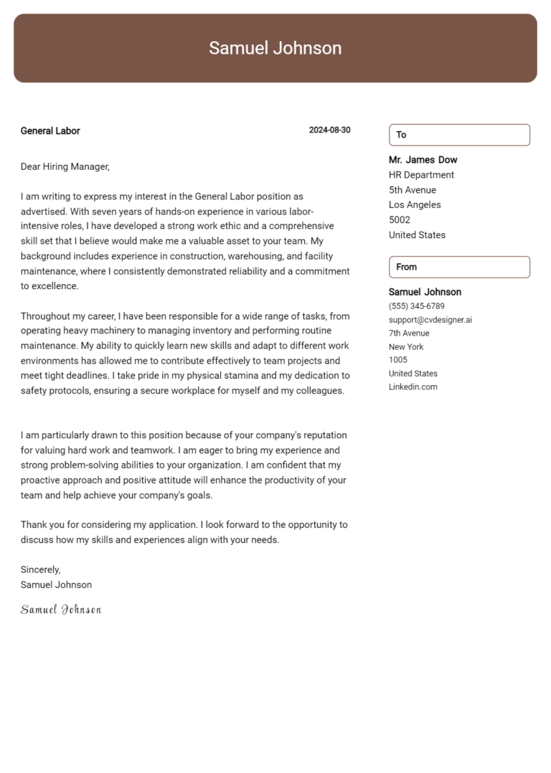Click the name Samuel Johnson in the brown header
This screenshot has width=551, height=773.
[x=275, y=48]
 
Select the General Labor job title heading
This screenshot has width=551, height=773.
[x=50, y=131]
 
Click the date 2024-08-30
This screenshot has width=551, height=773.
[x=329, y=131]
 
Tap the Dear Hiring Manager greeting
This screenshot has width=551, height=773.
[x=65, y=167]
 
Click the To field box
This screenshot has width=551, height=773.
[x=459, y=135]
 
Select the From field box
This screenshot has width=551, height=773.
[x=459, y=267]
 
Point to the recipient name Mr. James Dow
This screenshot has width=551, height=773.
[x=423, y=160]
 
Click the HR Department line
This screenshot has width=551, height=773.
[x=421, y=175]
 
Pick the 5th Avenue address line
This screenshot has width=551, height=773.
[x=412, y=190]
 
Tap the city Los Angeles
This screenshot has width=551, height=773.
[x=415, y=205]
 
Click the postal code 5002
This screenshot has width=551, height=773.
[x=400, y=220]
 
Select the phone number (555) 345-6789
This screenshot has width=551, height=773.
[x=416, y=306]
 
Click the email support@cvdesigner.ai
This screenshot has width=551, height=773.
[x=430, y=320]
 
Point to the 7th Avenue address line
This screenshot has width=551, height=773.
[x=409, y=333]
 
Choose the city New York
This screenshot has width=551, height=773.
[x=406, y=347]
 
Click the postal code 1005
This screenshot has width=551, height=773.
[x=397, y=360]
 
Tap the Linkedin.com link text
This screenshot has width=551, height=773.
[x=413, y=387]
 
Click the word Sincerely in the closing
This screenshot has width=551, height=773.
[x=40, y=569]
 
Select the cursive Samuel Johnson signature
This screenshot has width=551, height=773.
[x=61, y=610]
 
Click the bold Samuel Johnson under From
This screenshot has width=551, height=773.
[x=425, y=292]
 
